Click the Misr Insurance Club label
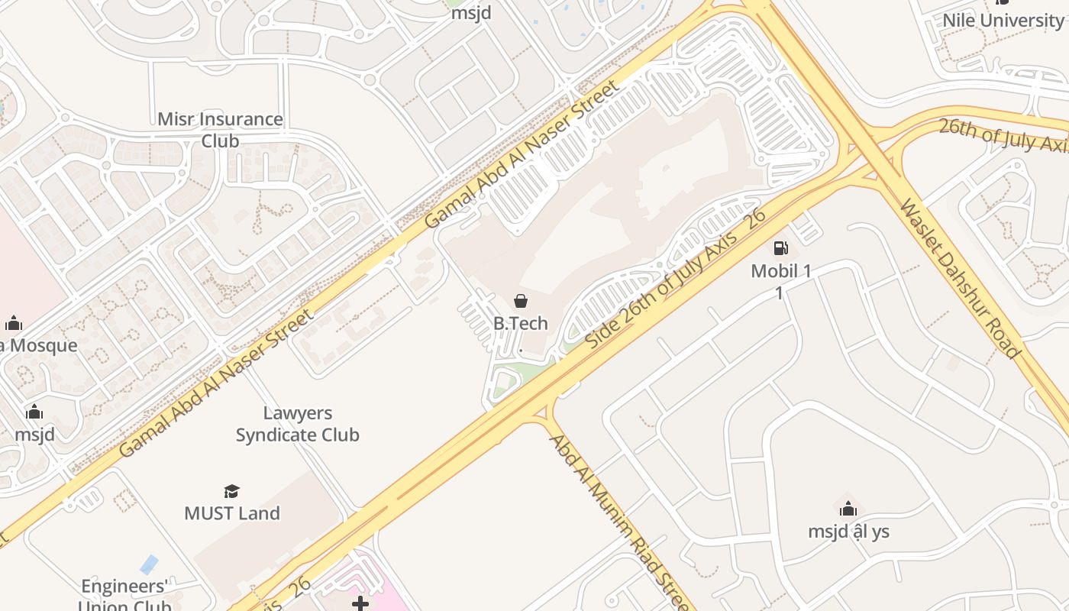(x=220, y=130)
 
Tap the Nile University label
(x=1002, y=20)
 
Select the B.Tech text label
(x=521, y=323)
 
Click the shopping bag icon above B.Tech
(x=521, y=301)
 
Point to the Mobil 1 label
(x=780, y=271)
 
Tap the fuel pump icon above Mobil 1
(x=780, y=247)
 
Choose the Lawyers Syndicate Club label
(x=297, y=424)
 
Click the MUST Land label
(x=232, y=513)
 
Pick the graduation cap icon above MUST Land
(x=232, y=491)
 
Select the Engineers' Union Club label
(x=124, y=596)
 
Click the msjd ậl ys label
(x=848, y=532)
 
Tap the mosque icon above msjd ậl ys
(x=848, y=509)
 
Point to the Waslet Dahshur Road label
(x=960, y=279)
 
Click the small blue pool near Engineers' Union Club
(x=149, y=564)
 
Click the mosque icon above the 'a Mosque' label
(x=14, y=323)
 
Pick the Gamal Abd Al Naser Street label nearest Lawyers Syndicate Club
(x=216, y=382)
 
